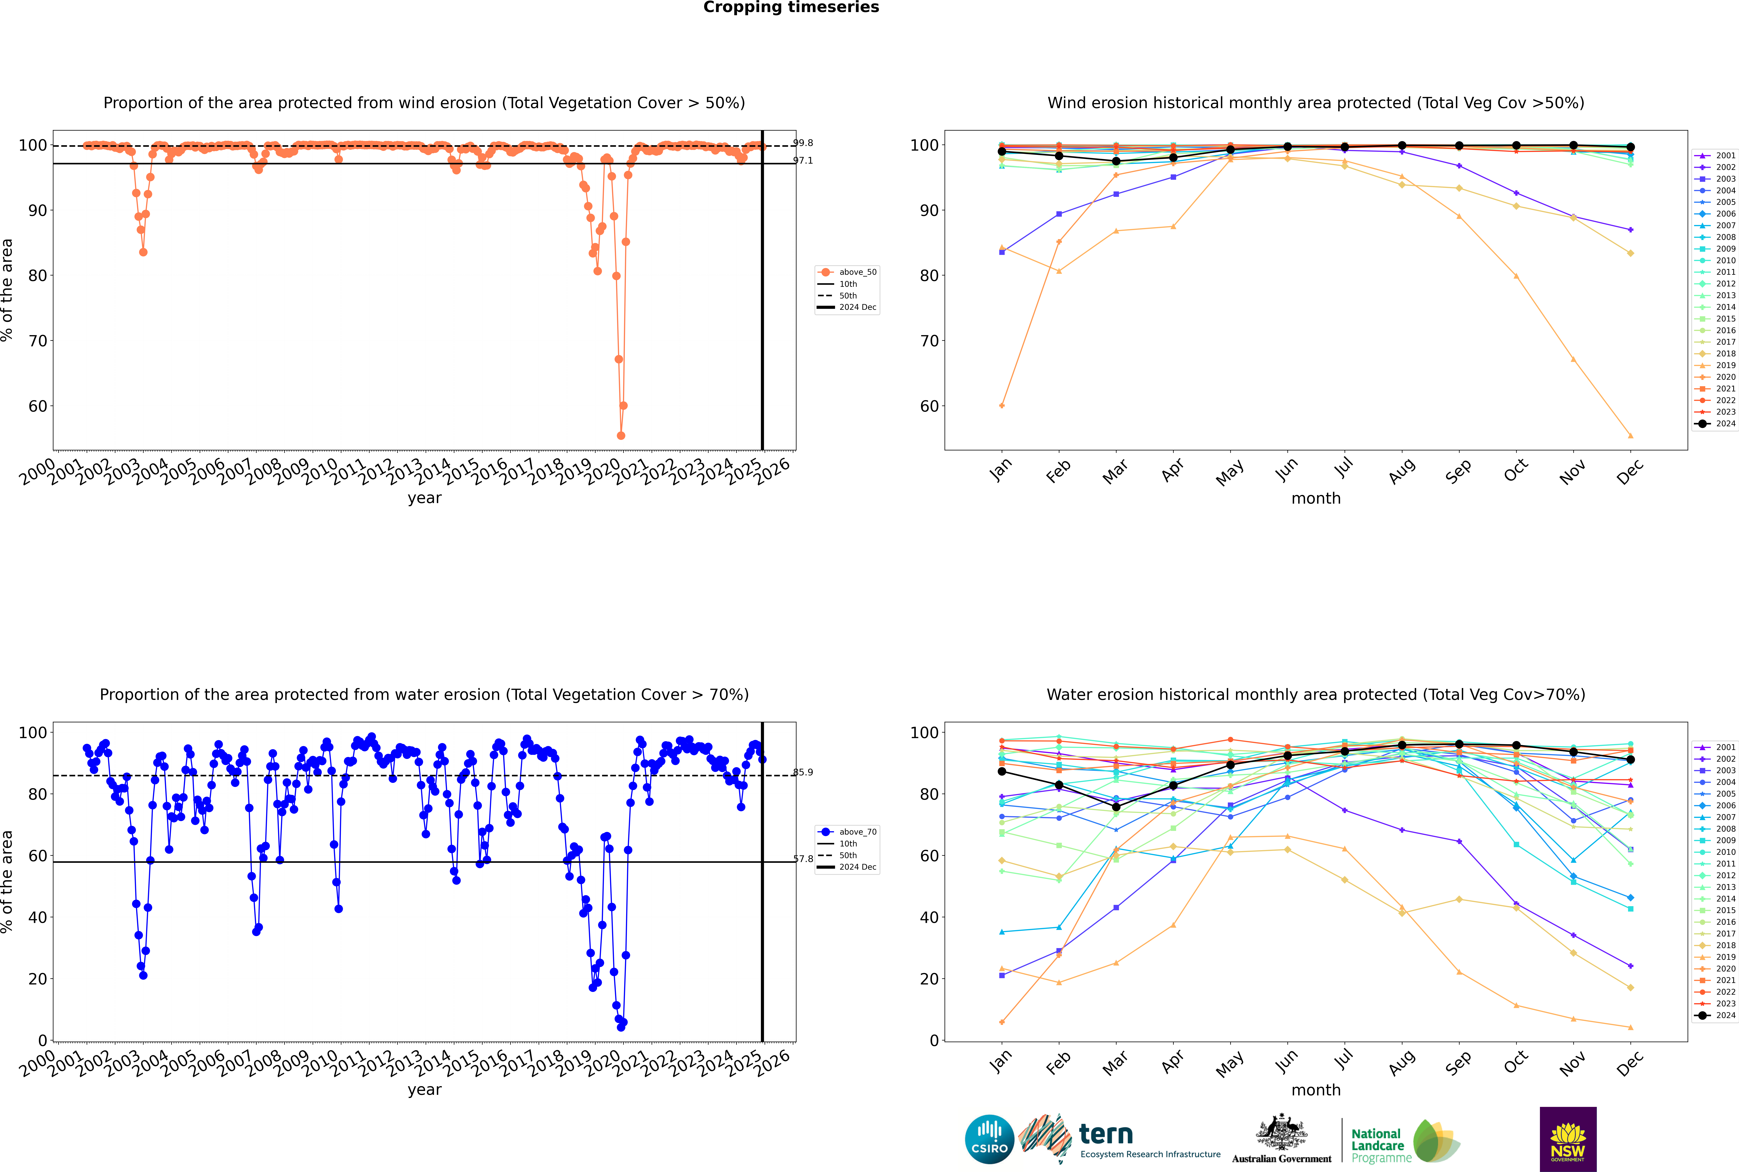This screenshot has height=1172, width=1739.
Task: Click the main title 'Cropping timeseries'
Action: coord(791,7)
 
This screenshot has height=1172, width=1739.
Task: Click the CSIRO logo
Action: coord(989,1139)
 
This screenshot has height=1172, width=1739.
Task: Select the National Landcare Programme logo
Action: coord(1404,1141)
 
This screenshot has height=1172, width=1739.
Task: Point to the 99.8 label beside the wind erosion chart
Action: coord(803,143)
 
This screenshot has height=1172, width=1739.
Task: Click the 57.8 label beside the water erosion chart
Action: coord(803,859)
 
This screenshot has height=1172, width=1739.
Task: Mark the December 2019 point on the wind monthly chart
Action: coord(1631,436)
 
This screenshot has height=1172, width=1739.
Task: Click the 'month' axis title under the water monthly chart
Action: coord(1316,1090)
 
